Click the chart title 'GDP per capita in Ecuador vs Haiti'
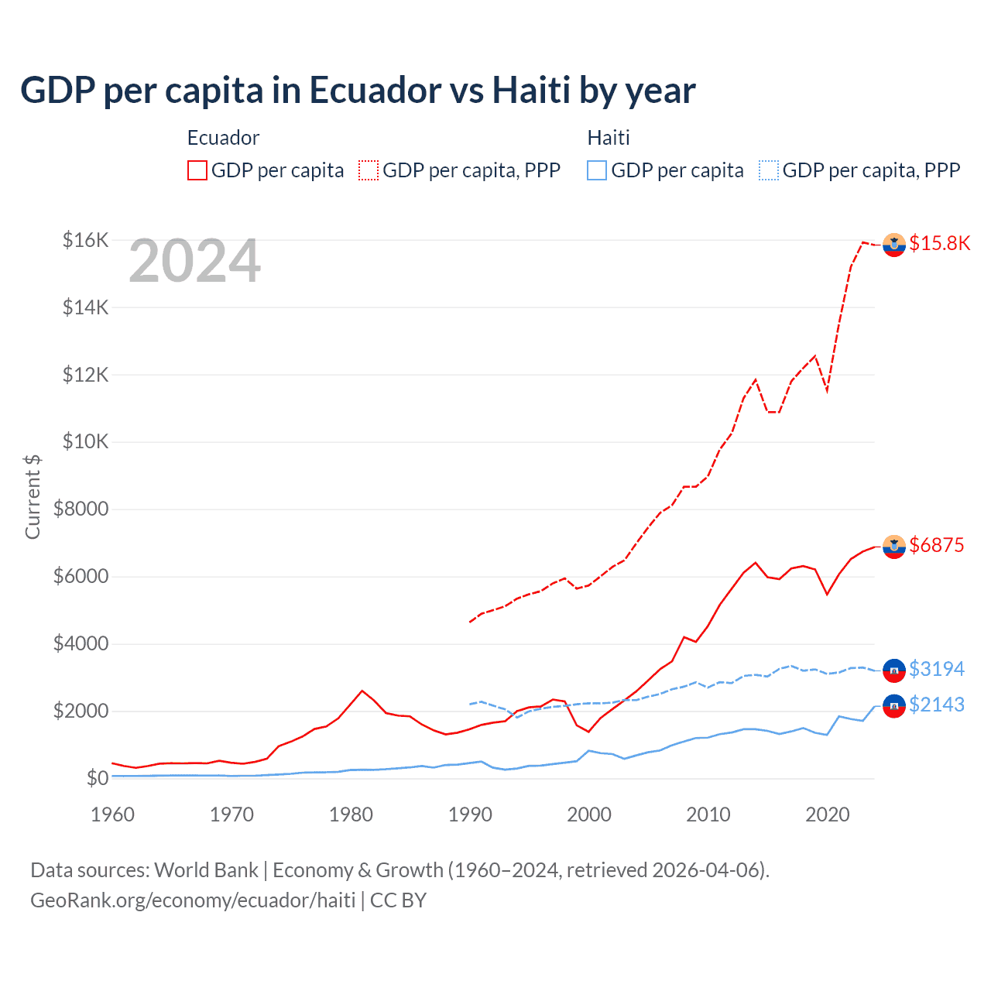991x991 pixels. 358,91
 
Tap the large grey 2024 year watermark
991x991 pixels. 194,262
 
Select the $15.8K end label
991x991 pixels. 939,243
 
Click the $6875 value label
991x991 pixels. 936,545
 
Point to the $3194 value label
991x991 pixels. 936,669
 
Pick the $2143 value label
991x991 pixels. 936,705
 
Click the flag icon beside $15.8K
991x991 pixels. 893,244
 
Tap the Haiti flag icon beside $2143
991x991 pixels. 893,705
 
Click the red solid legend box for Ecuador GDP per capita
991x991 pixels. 197,170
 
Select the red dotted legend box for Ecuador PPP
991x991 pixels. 369,170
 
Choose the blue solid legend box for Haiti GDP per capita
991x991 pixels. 597,170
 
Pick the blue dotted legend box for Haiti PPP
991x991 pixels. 769,170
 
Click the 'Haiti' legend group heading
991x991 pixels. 609,138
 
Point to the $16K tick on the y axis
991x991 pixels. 85,240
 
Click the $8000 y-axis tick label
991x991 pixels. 81,509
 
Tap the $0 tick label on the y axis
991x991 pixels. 97,778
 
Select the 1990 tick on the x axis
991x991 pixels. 470,814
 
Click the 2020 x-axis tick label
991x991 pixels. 827,814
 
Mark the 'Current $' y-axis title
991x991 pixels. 33,497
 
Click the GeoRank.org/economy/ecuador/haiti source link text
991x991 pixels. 193,900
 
